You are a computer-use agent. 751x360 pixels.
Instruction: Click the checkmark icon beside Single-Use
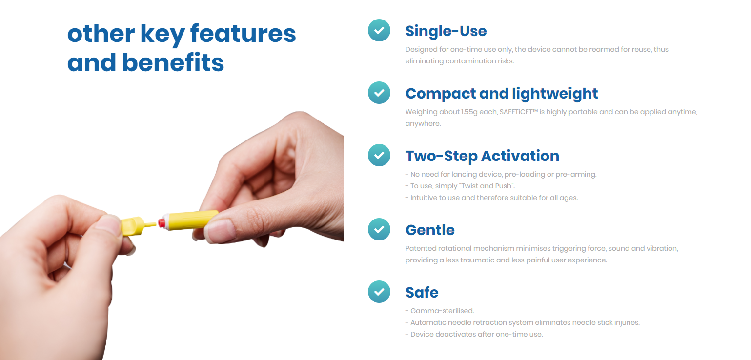[379, 30]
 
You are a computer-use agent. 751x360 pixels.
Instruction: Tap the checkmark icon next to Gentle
[379, 229]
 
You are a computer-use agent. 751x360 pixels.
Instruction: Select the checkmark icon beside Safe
[379, 292]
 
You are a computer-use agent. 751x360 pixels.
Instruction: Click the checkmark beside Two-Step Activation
[379, 155]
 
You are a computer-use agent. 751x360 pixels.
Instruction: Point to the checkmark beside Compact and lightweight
[379, 93]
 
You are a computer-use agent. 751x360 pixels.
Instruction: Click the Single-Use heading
[446, 31]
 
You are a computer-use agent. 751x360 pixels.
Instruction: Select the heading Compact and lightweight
[502, 94]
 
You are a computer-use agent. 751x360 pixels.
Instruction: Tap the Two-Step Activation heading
[482, 156]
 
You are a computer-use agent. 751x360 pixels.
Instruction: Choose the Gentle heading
[430, 230]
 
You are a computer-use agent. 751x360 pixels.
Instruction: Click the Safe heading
[422, 293]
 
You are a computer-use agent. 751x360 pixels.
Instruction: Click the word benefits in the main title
[173, 62]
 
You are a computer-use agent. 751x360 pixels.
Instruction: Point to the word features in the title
[243, 34]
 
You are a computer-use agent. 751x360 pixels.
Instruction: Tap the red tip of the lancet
[162, 223]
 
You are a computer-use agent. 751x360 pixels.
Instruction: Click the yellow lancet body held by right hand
[191, 220]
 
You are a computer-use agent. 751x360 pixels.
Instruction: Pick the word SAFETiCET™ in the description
[519, 112]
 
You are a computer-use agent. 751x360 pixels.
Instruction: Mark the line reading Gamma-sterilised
[440, 311]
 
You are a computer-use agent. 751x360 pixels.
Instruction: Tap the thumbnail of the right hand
[220, 231]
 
